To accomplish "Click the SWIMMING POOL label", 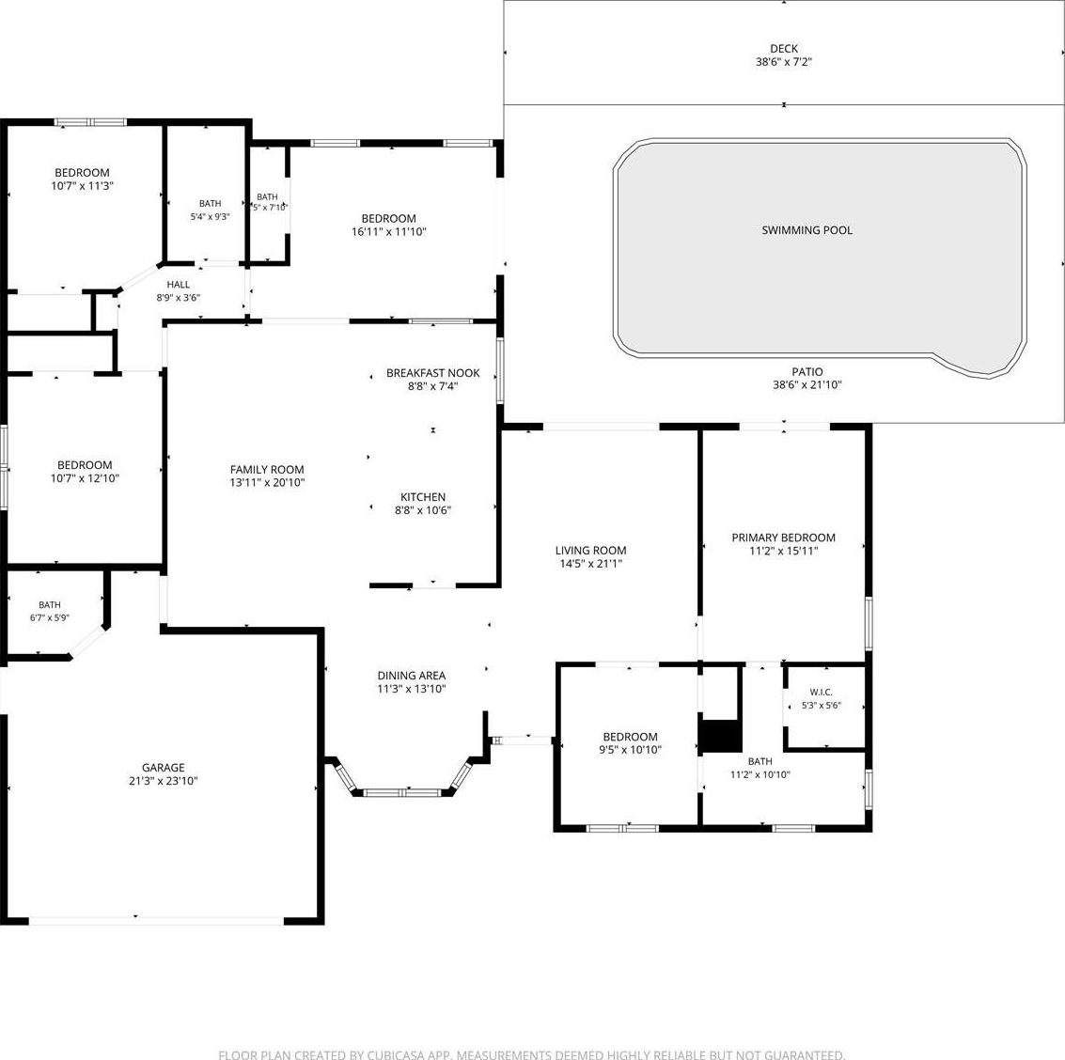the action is point(807,230).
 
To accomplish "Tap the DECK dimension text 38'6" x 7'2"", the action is point(784,62).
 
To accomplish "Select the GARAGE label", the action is point(163,768).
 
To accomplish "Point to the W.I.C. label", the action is point(822,693).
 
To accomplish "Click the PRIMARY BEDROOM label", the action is point(783,538).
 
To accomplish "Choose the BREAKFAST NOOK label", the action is point(432,373).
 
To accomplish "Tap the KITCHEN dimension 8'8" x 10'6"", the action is point(422,510).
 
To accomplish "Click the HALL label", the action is point(178,285).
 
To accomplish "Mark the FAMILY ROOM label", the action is point(267,469).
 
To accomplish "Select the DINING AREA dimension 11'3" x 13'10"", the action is point(411,689).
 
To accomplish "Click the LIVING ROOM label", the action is point(590,551).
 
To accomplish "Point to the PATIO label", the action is point(807,372).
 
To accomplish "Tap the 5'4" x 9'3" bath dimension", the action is point(210,217).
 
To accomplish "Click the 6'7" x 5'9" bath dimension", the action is point(50,618).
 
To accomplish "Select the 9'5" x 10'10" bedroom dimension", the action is point(630,750).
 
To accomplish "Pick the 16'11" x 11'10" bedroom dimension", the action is point(388,231).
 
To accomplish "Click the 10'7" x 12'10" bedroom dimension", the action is point(85,478).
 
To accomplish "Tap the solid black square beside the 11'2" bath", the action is point(721,736).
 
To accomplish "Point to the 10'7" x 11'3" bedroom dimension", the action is point(82,185).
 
